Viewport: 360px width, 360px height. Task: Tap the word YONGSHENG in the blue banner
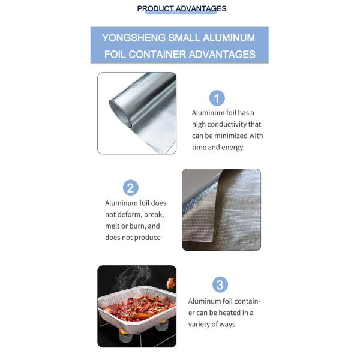pos(134,38)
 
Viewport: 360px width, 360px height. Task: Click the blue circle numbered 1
pos(217,98)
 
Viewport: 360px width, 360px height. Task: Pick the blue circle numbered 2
pos(131,188)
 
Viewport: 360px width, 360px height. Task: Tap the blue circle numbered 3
pos(220,284)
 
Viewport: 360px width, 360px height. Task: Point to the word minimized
pos(231,136)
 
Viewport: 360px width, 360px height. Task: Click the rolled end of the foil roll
pos(120,113)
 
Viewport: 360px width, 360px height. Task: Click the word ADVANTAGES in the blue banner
pos(222,55)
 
